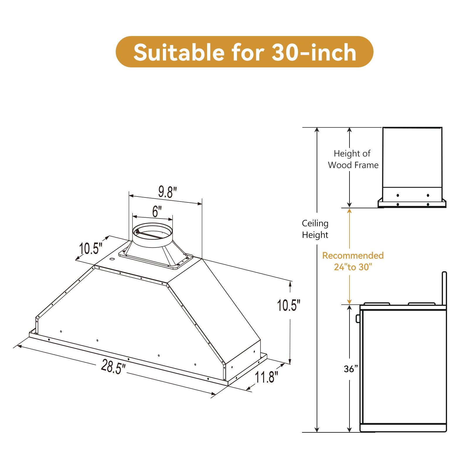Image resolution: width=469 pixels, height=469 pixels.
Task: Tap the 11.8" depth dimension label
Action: (266, 377)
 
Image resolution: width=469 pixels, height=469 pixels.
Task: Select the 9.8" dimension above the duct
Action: (168, 192)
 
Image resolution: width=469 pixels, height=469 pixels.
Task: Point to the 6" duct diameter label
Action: (157, 211)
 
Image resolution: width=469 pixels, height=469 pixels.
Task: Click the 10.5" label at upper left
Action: (91, 249)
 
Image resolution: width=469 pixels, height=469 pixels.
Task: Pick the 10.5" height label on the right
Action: (289, 306)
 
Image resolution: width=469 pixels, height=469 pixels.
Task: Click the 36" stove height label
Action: (351, 369)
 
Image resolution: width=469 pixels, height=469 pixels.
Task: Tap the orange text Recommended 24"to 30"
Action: (353, 261)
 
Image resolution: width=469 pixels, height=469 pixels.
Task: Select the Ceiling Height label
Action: (315, 229)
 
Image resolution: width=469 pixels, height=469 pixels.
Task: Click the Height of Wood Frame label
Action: (353, 159)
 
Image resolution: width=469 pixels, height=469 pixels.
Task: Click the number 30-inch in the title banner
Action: (314, 53)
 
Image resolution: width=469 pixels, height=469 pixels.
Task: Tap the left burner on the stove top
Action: (377, 304)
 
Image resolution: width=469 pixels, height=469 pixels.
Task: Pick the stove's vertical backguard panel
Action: (444, 289)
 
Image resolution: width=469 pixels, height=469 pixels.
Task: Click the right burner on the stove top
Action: (421, 304)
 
